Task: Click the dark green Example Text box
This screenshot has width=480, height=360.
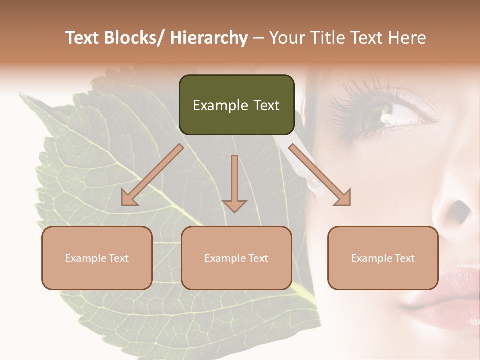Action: [236, 105]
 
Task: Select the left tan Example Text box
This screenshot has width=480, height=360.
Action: [97, 258]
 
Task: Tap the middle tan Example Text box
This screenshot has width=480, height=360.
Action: [236, 258]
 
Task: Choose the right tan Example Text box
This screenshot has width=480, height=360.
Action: [383, 258]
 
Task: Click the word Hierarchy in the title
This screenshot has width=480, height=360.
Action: [208, 38]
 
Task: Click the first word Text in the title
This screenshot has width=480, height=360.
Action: [83, 38]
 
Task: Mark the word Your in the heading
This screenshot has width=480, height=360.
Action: [286, 38]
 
